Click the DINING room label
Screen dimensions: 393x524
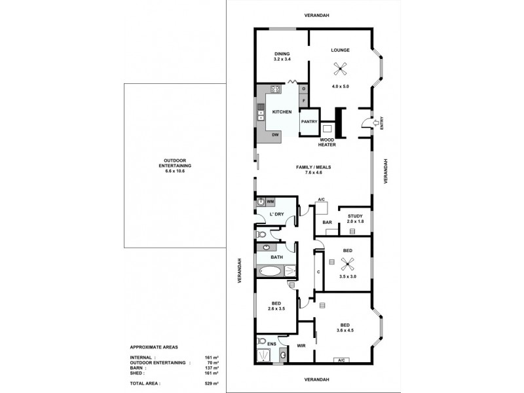(282, 54)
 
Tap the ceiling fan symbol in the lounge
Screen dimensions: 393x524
(340, 67)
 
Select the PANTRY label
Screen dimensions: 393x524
(309, 121)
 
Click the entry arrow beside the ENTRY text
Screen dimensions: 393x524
(374, 121)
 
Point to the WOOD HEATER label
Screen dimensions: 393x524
(327, 143)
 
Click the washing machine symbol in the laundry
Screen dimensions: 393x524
(261, 202)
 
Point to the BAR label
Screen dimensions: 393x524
(327, 223)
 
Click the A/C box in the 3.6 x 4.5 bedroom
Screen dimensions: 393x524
(341, 360)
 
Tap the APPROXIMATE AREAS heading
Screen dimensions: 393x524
(153, 346)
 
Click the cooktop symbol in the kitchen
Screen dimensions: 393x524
(276, 90)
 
